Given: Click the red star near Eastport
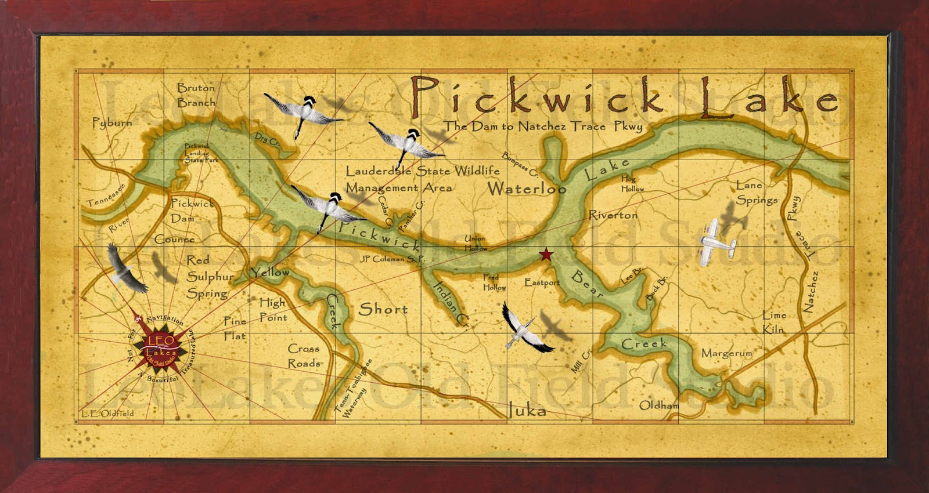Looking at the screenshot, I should point(546,254).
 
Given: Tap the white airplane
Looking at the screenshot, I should point(716,242).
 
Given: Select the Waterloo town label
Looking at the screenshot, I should point(526,188).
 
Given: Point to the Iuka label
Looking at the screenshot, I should point(527,411).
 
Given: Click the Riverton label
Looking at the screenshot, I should point(613,215).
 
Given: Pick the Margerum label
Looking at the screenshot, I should point(726,353).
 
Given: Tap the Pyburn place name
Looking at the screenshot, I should point(112,122).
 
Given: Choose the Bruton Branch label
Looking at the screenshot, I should point(196,95).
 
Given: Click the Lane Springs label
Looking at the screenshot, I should point(756,193).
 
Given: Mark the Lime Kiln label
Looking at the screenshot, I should point(774,322).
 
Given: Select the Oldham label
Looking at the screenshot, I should point(659,405).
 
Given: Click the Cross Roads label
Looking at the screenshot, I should point(304,356).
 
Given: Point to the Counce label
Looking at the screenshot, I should point(174,239).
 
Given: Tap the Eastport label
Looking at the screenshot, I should point(542,282).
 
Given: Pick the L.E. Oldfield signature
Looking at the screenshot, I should point(107,413).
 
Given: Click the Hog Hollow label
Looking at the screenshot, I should point(632,184).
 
